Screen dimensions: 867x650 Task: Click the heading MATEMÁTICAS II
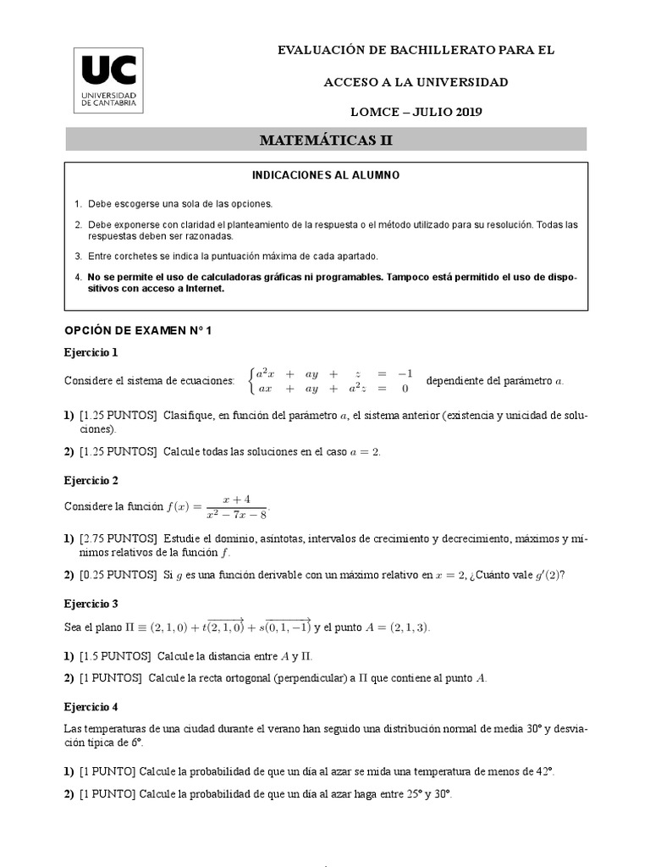tap(326, 141)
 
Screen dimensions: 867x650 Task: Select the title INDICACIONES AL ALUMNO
tap(326, 175)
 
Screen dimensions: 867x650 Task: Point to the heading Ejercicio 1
tap(91, 352)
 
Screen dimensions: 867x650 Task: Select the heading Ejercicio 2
tap(91, 481)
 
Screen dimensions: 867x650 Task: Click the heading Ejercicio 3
tap(91, 604)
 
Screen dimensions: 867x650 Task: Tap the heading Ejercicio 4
tap(91, 706)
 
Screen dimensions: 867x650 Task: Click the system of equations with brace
tap(328, 381)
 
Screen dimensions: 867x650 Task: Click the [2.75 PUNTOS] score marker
tap(118, 538)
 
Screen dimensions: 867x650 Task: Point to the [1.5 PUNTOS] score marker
tap(115, 657)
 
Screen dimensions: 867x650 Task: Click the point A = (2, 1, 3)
tap(396, 627)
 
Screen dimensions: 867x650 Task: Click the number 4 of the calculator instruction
tap(78, 277)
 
